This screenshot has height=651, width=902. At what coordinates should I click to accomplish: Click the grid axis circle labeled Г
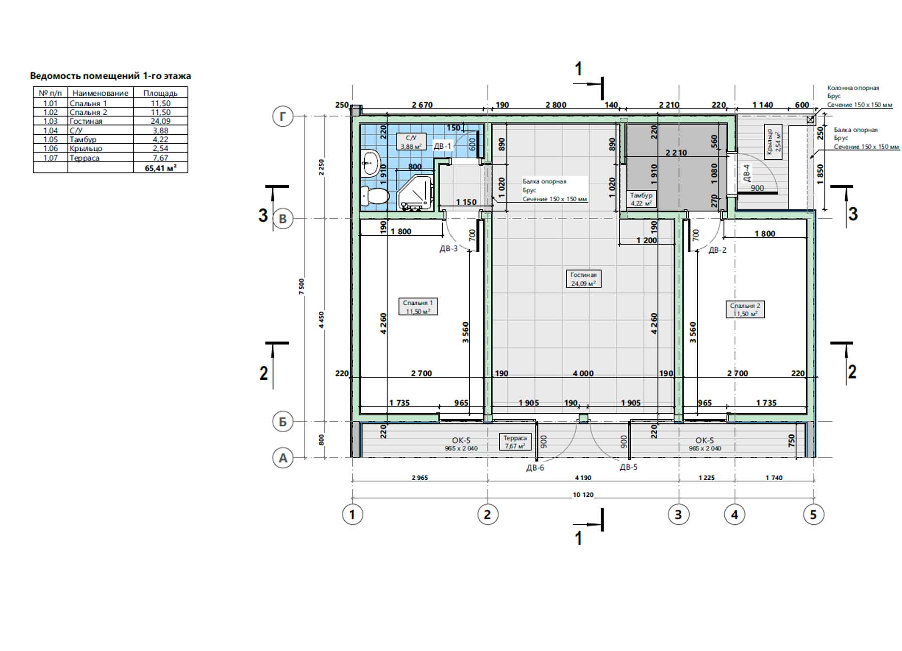[283, 117]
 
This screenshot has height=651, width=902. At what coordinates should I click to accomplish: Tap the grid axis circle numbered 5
[813, 514]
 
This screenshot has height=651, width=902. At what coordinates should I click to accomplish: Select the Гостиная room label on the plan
[583, 279]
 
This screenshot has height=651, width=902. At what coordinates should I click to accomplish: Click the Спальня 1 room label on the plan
[417, 307]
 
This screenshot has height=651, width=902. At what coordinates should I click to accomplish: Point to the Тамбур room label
[641, 199]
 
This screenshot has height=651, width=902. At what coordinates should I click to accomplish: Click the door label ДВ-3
[448, 249]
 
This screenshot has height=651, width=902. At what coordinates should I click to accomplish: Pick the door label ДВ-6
[535, 468]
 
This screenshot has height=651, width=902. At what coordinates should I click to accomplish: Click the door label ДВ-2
[717, 250]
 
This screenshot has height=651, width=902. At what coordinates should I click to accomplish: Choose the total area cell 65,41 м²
[160, 168]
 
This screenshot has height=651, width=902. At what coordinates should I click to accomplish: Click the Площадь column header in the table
[160, 93]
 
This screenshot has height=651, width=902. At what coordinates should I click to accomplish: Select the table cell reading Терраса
[85, 158]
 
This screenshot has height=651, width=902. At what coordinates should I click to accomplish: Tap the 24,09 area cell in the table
[160, 121]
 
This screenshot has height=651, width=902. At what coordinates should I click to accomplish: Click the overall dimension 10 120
[583, 495]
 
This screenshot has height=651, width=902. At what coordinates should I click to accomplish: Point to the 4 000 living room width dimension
[583, 373]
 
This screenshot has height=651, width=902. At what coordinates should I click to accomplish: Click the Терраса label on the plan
[515, 442]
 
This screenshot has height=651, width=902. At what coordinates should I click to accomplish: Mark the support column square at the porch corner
[810, 119]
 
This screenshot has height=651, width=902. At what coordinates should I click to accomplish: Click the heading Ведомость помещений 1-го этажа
[110, 76]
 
